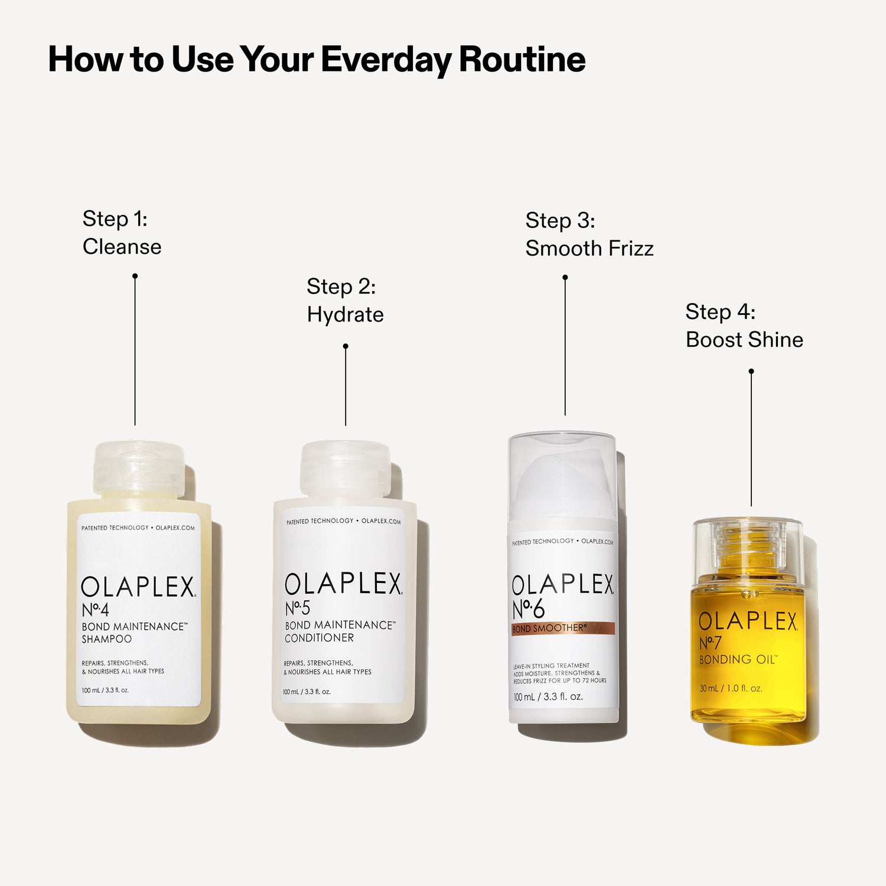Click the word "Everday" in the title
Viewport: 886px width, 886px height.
point(386,60)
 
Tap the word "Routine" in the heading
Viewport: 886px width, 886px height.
point(522,60)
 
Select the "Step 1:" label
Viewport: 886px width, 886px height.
point(115,219)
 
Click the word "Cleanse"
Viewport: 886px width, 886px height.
point(122,247)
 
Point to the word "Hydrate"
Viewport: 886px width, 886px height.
point(345,315)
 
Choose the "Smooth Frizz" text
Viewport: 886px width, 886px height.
point(589,249)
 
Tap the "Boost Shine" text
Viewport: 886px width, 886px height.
point(744,340)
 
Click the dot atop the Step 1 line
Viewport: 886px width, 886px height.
point(135,276)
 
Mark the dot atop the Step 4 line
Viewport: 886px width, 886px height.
point(751,372)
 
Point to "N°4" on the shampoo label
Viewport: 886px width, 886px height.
point(95,610)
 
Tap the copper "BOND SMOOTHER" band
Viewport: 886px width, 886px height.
point(563,628)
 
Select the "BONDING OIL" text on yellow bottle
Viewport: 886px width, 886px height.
point(738,660)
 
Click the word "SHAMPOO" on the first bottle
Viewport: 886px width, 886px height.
point(106,639)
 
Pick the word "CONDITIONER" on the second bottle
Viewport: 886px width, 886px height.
point(319,638)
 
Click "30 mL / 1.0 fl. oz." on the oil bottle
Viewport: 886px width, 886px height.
point(731,689)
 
